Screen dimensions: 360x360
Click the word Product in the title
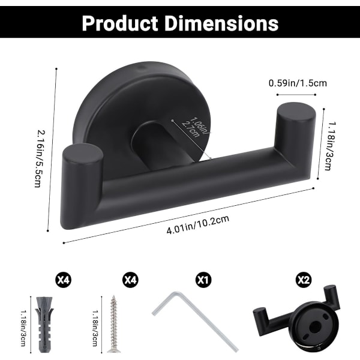tap(120, 23)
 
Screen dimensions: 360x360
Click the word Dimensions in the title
tap(222, 23)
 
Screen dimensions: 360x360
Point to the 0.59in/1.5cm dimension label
tap(298, 83)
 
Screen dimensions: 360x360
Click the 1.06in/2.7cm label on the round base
tap(196, 127)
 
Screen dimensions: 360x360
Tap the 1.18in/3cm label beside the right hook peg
tap(330, 146)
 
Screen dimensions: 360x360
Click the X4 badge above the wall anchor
tap(64, 280)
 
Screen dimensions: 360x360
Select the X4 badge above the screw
tap(130, 280)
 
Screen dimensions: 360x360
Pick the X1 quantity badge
tap(203, 280)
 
